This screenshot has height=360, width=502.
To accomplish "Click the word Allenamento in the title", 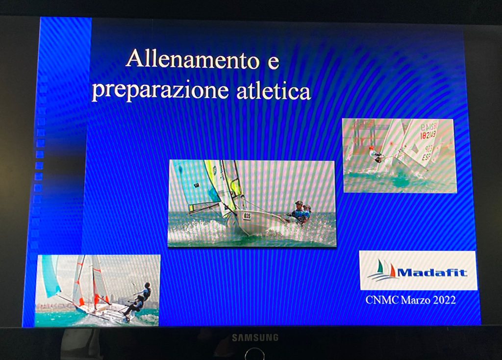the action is coord(193,59).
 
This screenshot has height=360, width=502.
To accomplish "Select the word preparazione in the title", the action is coord(160,90).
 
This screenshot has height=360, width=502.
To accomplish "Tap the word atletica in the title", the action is coord(274,91).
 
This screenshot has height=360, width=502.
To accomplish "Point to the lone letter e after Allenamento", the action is coord(273,62).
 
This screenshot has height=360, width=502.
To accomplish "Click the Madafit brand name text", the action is coord(432,273).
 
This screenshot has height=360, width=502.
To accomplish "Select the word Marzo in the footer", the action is coord(416,300).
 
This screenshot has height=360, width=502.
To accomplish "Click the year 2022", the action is coord(444,300).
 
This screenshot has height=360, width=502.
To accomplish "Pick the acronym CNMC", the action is coord(382,300).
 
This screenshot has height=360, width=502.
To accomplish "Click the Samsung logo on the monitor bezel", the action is coord(255,337).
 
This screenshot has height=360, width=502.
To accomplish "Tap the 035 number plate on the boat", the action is coord(247,216).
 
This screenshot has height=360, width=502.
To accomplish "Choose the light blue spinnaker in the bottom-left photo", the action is coord(50,276).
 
